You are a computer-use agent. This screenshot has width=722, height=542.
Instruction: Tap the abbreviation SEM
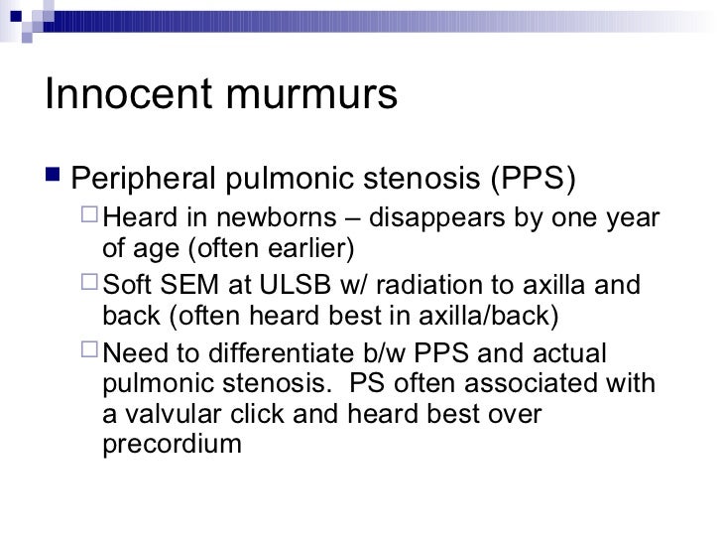(x=195, y=288)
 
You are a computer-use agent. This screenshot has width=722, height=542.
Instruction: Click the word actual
(x=582, y=354)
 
